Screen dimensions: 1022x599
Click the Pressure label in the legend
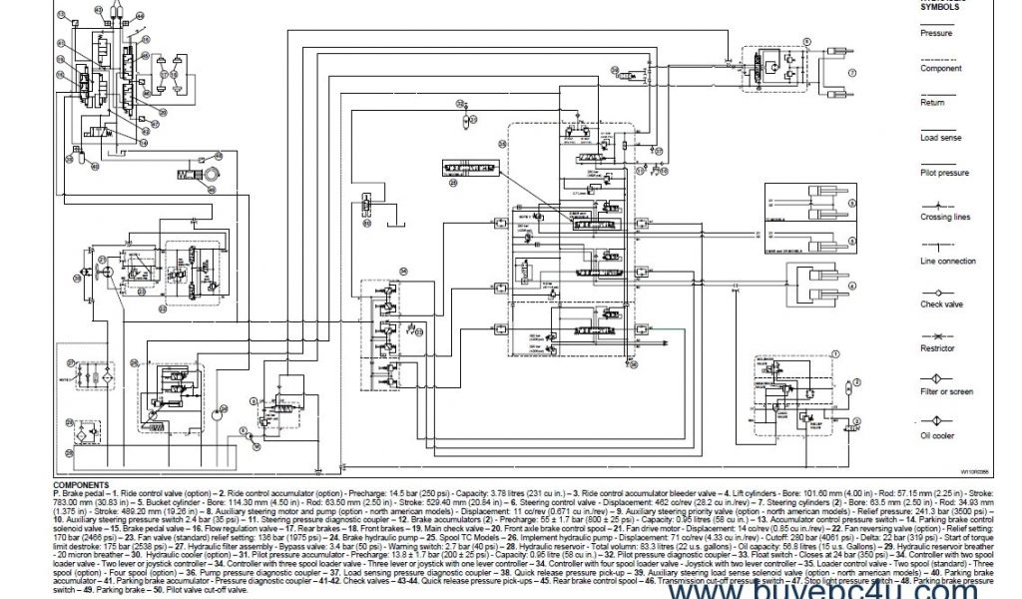point(935,33)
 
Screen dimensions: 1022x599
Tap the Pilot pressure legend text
point(943,173)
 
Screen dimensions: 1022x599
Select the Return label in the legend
point(932,102)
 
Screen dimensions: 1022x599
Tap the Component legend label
point(940,69)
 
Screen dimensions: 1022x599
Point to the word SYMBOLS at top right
point(939,5)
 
